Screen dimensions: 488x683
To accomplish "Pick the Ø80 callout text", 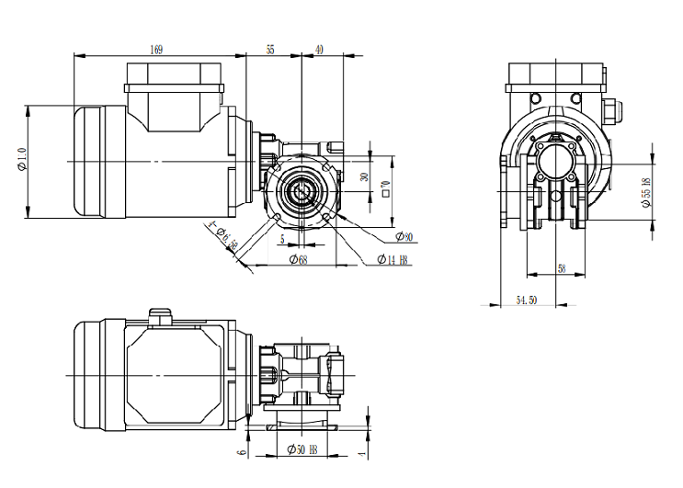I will coord(404,237).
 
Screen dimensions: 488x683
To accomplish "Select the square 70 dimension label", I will coord(386,188).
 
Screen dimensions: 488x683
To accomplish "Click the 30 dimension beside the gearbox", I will coord(364,177).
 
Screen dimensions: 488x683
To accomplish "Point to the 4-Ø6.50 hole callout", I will coord(225,236).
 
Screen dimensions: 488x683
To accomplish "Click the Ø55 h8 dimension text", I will coord(647,193).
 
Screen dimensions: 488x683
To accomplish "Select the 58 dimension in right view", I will coord(562,268).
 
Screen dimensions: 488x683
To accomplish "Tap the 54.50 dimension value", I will coord(527,300).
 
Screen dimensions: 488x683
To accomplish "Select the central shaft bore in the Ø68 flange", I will coord(302,191).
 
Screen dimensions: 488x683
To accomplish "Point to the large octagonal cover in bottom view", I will coord(175,376).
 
